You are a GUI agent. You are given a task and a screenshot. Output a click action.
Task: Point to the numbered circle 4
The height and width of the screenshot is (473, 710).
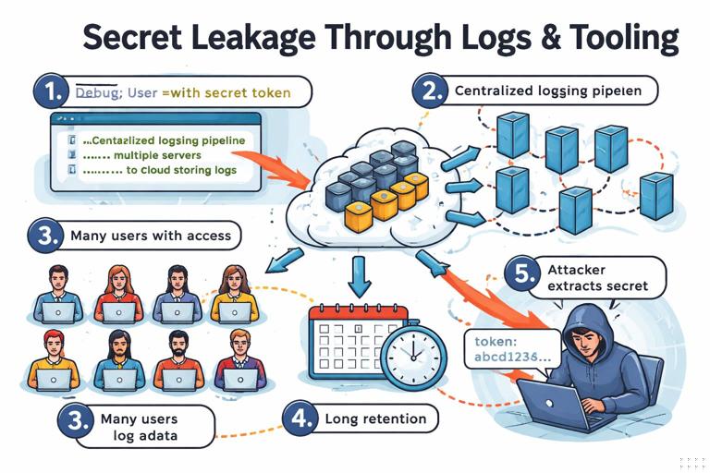300,418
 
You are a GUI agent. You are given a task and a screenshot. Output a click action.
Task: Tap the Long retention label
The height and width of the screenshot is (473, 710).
375,418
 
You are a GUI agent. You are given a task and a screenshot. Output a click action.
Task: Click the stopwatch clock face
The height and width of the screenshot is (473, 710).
410,353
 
